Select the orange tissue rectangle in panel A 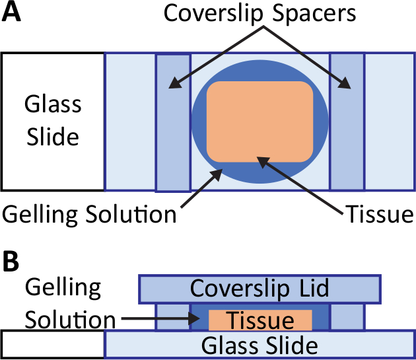[x=260, y=121]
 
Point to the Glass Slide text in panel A [x=52, y=121]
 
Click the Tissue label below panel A [x=379, y=213]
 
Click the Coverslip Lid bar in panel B [x=260, y=289]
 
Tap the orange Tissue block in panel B [x=260, y=320]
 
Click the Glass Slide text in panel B [x=260, y=345]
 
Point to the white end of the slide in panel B [x=53, y=343]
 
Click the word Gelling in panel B [x=62, y=288]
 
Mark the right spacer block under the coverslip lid [x=347, y=317]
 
